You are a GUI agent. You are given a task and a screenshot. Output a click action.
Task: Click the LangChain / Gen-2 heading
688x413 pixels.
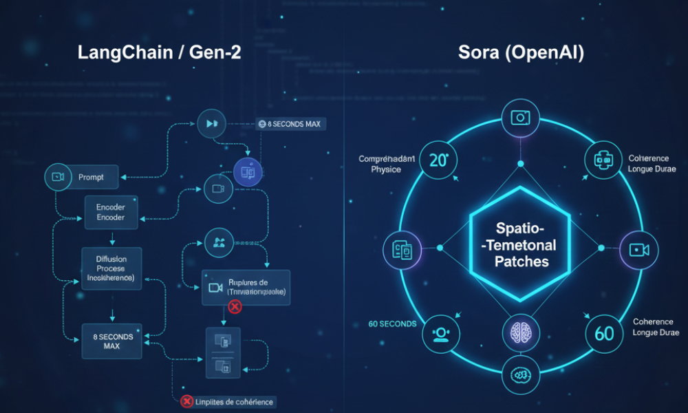tap(159, 53)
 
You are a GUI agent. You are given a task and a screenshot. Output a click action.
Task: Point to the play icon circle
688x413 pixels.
tap(211, 124)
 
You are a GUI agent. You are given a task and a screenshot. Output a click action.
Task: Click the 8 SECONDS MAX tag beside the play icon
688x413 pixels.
tap(291, 125)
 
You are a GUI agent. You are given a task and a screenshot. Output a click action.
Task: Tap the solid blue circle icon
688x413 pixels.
tap(248, 172)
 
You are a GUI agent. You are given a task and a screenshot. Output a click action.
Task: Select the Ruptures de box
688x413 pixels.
tap(246, 287)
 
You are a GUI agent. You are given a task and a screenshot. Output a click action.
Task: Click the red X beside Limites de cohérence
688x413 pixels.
tap(186, 401)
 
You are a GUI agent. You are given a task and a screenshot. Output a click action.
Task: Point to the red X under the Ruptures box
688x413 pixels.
tap(234, 307)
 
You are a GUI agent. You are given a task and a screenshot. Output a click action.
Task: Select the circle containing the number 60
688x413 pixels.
tap(603, 333)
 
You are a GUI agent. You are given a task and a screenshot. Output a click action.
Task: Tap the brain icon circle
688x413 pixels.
tap(521, 333)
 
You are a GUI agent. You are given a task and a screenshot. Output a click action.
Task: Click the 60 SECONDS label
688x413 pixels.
tap(392, 324)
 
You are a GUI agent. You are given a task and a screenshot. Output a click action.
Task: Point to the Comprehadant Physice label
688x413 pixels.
tap(387, 164)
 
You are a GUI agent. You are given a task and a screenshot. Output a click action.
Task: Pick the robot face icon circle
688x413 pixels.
tap(603, 160)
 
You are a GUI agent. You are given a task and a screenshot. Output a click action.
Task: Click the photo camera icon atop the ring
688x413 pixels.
tap(521, 118)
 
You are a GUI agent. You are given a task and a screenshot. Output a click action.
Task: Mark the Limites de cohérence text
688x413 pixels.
tap(235, 401)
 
